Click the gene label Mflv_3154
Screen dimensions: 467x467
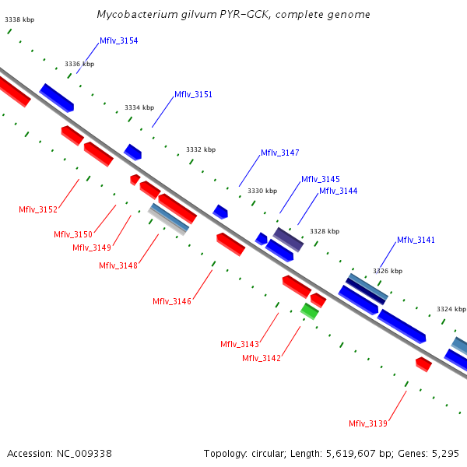tap(118, 40)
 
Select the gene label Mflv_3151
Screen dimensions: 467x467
tap(193, 94)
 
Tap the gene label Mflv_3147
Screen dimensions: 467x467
tap(279, 153)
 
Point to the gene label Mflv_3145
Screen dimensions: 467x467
tap(320, 179)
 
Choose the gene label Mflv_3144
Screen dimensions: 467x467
tap(338, 191)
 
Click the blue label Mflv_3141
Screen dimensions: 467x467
tap(416, 240)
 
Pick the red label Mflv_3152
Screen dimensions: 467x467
tap(38, 209)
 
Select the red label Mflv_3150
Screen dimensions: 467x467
tap(73, 234)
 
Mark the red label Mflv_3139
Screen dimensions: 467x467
tap(368, 423)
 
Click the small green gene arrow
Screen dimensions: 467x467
tap(310, 311)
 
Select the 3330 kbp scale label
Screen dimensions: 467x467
tap(262, 191)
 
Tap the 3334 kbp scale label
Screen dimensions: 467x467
tap(139, 107)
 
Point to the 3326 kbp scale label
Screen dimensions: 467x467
tap(388, 271)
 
